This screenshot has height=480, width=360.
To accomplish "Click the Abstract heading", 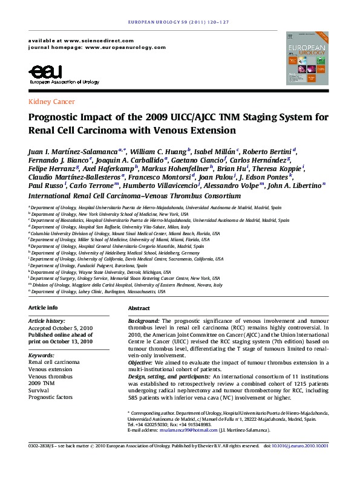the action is pyautogui.click(x=139, y=308).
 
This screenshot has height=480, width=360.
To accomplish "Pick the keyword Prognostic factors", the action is pyautogui.click(x=51, y=397).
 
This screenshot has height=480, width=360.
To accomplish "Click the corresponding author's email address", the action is pyautogui.click(x=187, y=430).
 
